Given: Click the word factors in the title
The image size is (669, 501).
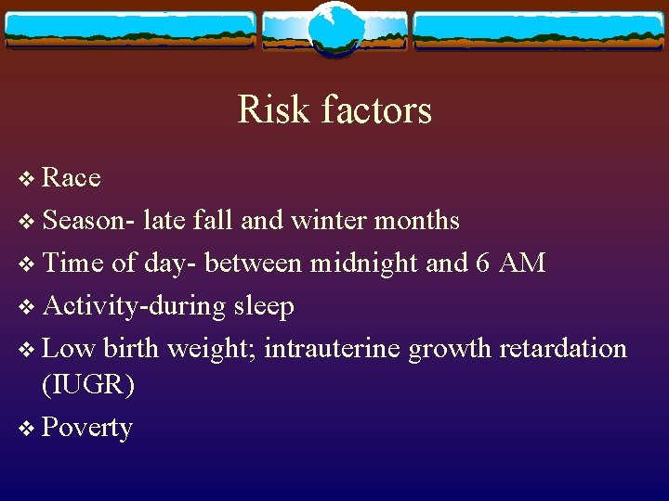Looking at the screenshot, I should [x=377, y=109].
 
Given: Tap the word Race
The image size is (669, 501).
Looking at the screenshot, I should [x=72, y=177].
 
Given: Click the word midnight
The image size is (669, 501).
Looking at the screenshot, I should [x=364, y=263].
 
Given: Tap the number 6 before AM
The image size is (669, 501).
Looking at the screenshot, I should [x=482, y=263].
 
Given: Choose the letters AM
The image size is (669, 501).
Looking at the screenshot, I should [x=522, y=263].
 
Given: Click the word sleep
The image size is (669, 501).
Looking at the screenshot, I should [x=264, y=306].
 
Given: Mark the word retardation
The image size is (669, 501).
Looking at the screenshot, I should [x=563, y=349].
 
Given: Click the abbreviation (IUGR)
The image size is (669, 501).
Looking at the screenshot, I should [x=88, y=385].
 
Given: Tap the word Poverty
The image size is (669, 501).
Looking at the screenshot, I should [x=87, y=428].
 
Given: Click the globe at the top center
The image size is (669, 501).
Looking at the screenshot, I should [x=334, y=28].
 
